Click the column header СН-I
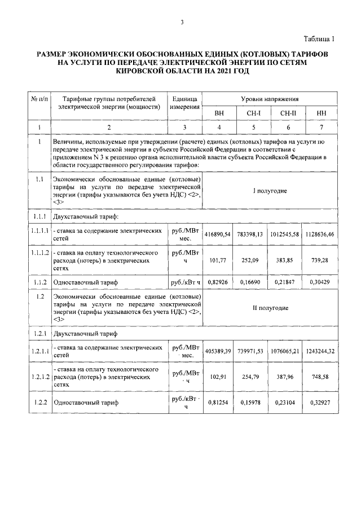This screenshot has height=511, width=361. tap(253, 113)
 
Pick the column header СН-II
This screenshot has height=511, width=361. tap(288, 113)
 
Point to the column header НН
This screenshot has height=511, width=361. tap(322, 113)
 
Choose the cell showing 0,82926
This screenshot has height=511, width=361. tap(219, 282)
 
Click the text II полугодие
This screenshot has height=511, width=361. tap(270, 308)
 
